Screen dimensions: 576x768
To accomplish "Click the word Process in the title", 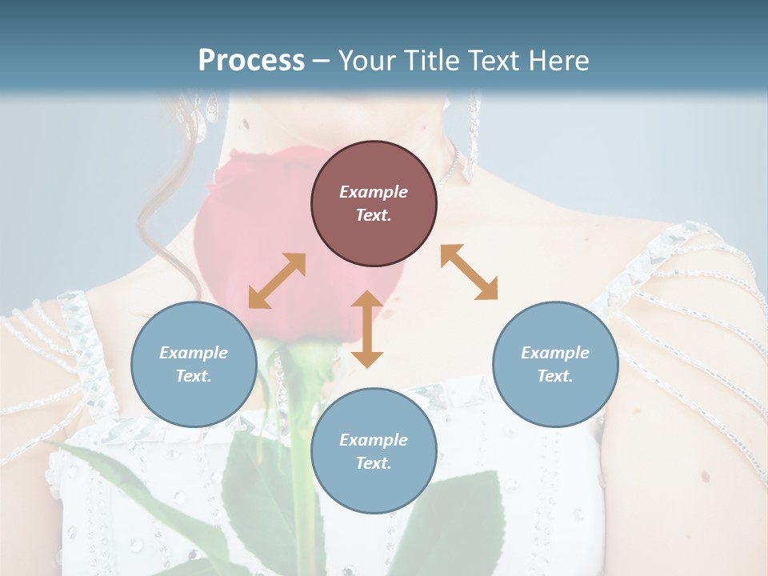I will click(x=251, y=61).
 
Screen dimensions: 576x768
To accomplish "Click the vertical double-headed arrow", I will click(x=367, y=329).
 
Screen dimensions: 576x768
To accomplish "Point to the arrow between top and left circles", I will click(x=277, y=280).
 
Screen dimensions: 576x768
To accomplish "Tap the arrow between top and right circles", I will click(x=469, y=272).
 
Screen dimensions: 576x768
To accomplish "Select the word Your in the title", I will click(x=365, y=61).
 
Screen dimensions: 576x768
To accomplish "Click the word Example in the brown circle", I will click(x=374, y=192).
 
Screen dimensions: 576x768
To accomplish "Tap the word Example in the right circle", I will click(x=555, y=353).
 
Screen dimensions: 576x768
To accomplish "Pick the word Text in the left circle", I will click(x=194, y=376).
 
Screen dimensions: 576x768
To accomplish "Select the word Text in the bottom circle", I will click(x=374, y=463).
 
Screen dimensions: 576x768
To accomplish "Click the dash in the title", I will click(x=322, y=62).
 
